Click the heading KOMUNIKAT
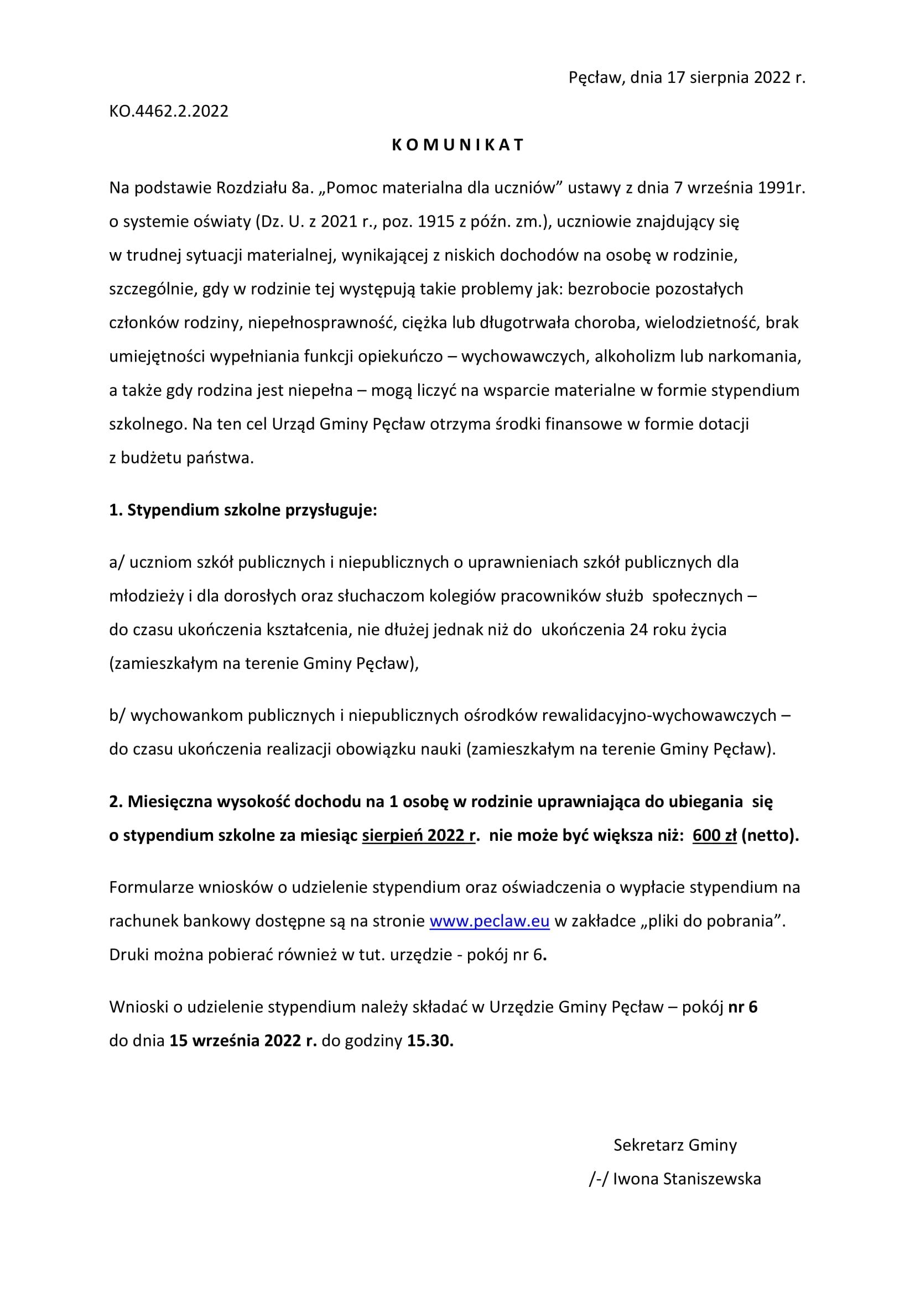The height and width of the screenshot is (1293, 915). coord(457,145)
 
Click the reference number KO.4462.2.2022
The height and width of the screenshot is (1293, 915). coord(169,111)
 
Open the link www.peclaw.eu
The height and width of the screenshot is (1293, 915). coord(489,921)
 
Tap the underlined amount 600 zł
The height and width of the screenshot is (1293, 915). coord(714,835)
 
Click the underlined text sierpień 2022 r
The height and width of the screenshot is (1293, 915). coord(419,835)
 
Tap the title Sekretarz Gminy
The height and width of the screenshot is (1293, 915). coord(675,1145)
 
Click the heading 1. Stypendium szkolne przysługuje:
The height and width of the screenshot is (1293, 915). coord(243,510)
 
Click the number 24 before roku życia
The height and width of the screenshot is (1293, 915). coord(639,629)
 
